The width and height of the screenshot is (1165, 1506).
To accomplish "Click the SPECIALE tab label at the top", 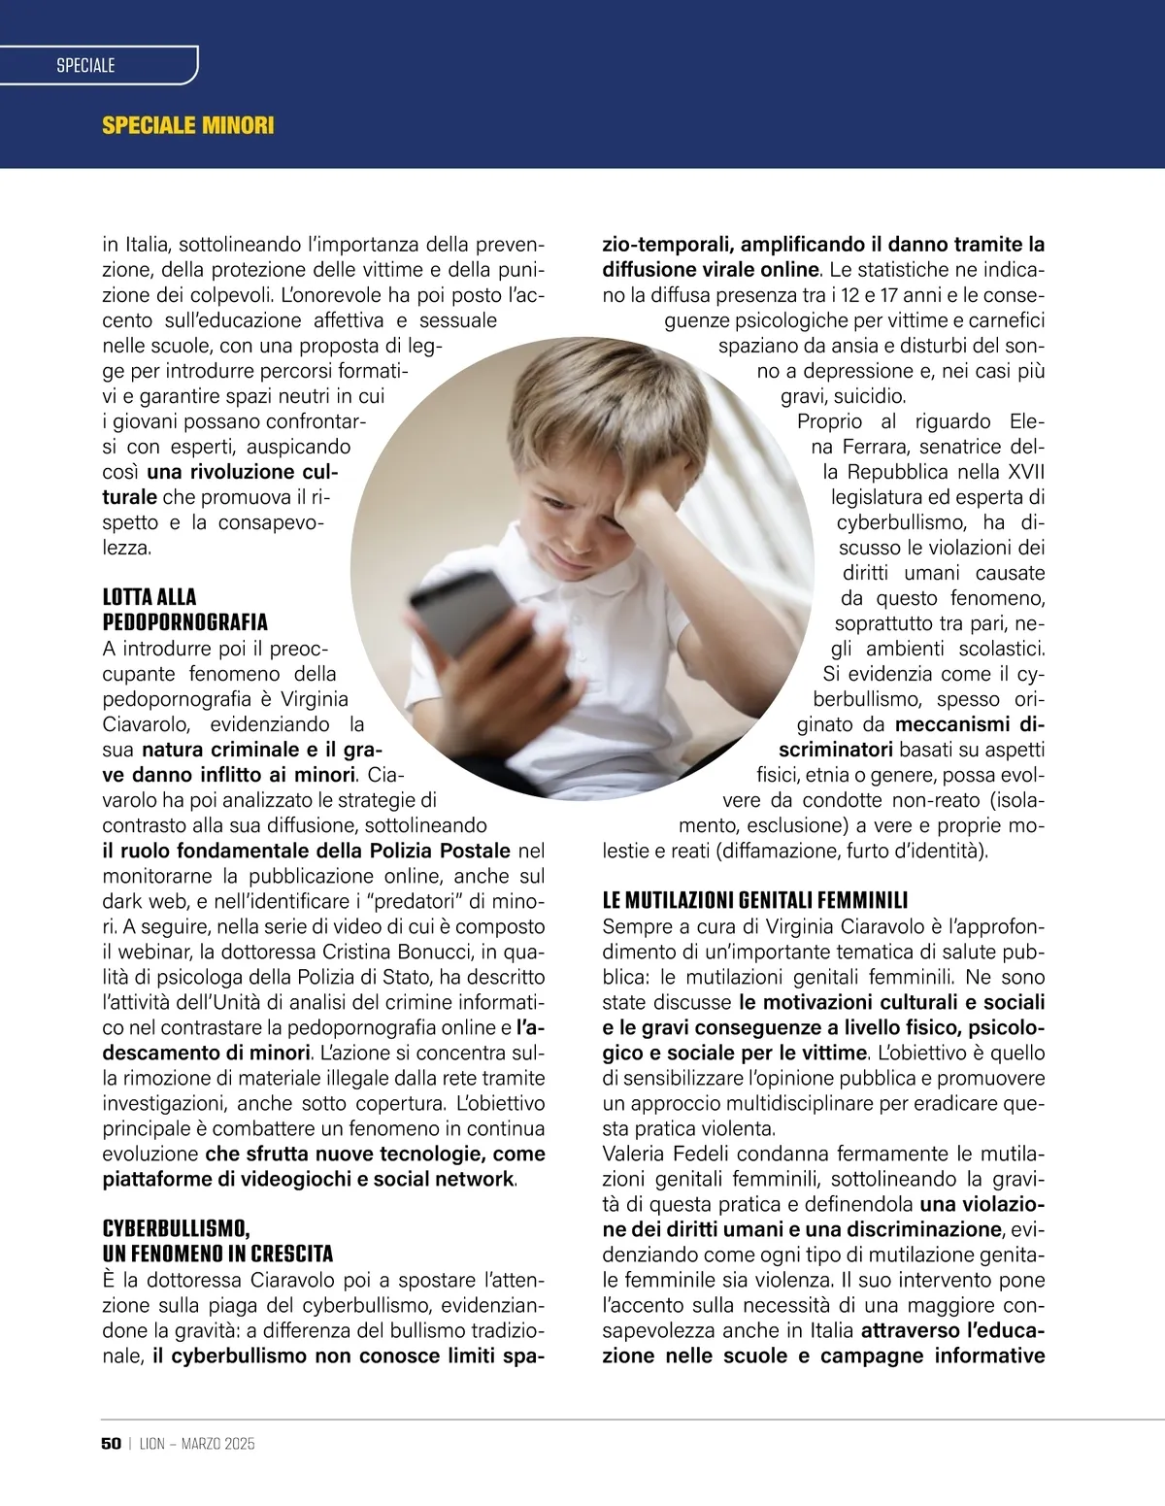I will (x=85, y=65).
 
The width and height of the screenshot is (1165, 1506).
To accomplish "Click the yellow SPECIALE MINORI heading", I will (x=188, y=125).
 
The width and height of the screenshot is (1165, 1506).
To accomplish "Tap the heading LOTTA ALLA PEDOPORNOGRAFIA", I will (x=185, y=609).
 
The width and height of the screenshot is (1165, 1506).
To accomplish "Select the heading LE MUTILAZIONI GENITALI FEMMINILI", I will (x=754, y=900).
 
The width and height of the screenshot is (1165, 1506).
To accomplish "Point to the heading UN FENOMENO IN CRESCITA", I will (x=217, y=1254).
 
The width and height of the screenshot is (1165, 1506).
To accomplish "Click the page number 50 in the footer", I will (x=111, y=1444).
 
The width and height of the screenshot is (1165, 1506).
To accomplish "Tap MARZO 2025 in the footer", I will (x=218, y=1444).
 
